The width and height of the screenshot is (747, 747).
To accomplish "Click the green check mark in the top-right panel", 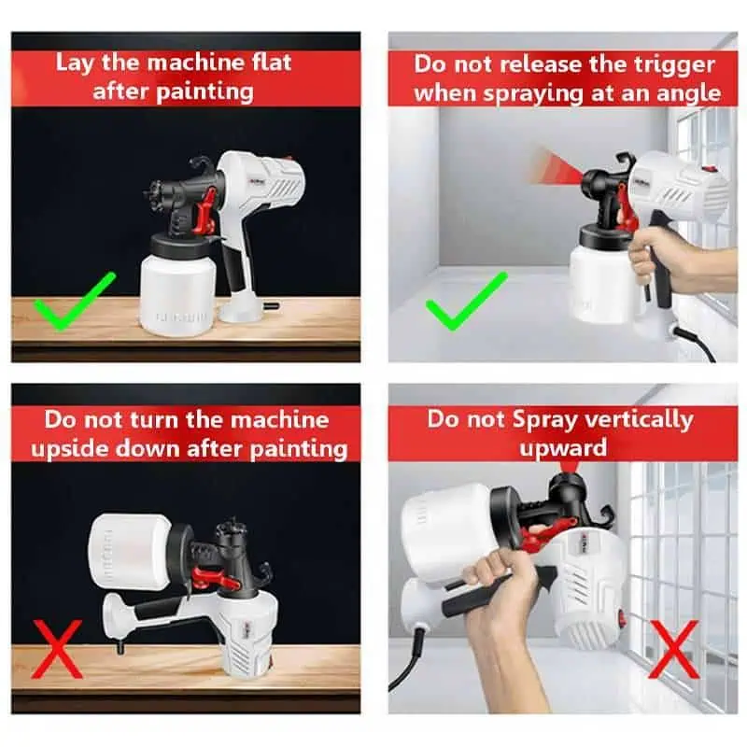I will [x=465, y=301].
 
